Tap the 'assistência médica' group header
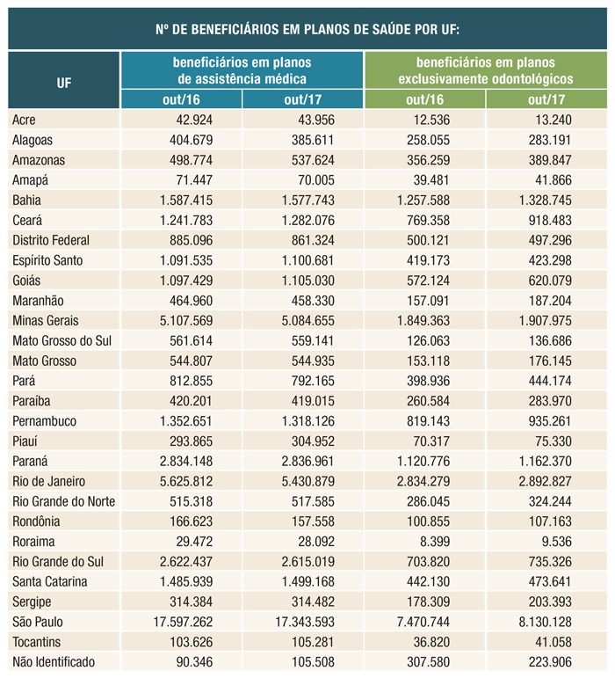pyautogui.click(x=242, y=70)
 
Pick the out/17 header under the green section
pyautogui.click(x=546, y=99)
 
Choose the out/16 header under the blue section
pyautogui.click(x=180, y=99)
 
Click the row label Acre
pyautogui.click(x=25, y=120)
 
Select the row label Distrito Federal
pyautogui.click(x=51, y=239)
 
